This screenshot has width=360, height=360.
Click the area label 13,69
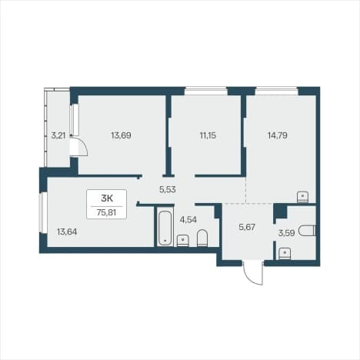click(121, 135)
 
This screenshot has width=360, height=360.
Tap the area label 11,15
click(208, 135)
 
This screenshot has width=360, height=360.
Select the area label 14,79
click(278, 135)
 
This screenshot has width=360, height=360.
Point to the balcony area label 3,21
click(58, 135)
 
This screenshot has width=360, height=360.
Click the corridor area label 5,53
click(168, 189)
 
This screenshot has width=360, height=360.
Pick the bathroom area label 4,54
click(188, 220)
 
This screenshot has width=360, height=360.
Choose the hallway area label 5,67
click(247, 227)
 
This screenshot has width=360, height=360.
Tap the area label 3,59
click(286, 233)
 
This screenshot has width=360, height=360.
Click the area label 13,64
click(67, 232)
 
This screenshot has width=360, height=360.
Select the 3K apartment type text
click(107, 198)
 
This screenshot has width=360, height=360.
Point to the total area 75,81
click(107, 212)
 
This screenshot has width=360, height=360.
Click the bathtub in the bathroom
click(165, 228)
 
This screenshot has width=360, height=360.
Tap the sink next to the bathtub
click(183, 241)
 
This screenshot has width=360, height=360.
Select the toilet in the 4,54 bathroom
click(202, 238)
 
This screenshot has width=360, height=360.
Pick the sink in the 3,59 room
click(285, 254)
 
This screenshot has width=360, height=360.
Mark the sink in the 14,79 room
click(302, 197)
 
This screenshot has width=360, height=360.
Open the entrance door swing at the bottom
click(253, 273)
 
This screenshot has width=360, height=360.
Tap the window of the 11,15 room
click(206, 91)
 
